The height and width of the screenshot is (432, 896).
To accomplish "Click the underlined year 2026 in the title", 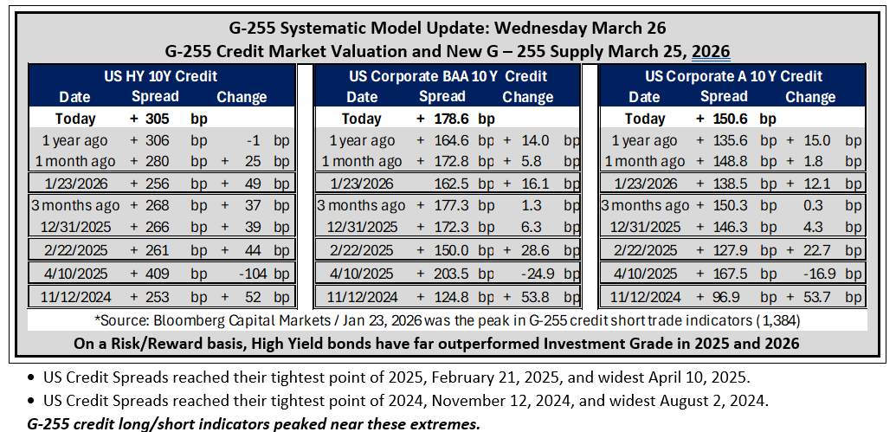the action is tap(711, 52).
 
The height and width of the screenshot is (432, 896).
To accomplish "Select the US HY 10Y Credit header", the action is tap(162, 76).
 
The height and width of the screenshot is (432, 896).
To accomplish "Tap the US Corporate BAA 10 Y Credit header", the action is tap(448, 76).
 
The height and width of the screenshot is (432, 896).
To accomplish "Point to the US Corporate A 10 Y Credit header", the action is tap(734, 76).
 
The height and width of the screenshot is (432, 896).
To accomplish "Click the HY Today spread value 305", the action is tap(158, 119).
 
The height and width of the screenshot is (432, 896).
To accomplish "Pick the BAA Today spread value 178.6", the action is tap(451, 119).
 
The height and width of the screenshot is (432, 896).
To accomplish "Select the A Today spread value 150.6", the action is tap(732, 119).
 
